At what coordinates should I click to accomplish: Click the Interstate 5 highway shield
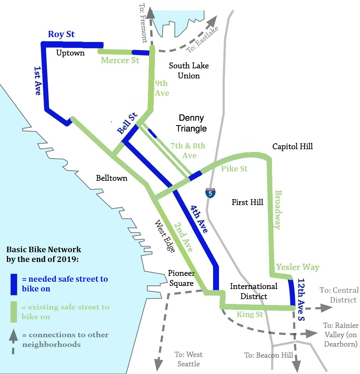tap(210, 193)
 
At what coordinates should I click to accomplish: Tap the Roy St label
tap(61, 34)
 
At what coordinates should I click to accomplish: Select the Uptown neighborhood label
tap(70, 53)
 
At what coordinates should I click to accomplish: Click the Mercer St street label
tap(120, 60)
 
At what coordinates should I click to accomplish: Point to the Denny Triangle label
tap(191, 123)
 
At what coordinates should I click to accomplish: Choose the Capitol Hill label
tap(292, 146)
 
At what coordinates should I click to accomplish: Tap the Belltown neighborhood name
tap(112, 178)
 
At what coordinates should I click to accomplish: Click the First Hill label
tap(247, 202)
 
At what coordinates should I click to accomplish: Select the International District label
tap(254, 291)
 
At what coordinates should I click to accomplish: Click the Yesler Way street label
tap(298, 267)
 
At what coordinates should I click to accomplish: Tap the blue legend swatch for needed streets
tap(14, 284)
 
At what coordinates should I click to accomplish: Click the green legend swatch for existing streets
tap(14, 312)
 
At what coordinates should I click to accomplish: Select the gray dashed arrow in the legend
tap(13, 340)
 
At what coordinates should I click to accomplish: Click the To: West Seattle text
tap(188, 359)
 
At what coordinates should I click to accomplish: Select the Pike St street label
tap(235, 169)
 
